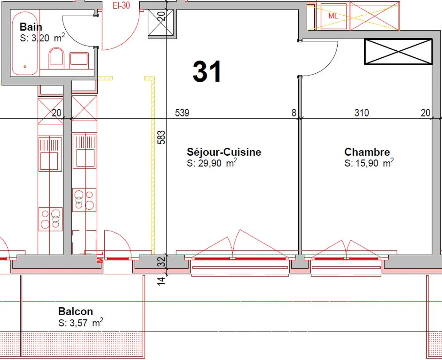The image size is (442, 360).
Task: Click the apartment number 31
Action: click(x=207, y=72)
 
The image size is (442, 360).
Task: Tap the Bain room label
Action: click(x=31, y=27)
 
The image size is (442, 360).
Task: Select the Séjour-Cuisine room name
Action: click(x=224, y=152)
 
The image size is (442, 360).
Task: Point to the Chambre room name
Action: click(x=367, y=152)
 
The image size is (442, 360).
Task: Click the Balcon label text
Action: click(x=76, y=312)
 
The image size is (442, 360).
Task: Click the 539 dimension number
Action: click(x=182, y=113)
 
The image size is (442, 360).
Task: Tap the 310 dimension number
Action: click(x=362, y=113)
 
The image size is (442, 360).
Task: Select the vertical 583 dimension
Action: click(x=161, y=137)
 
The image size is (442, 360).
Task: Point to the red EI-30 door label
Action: click(x=121, y=6)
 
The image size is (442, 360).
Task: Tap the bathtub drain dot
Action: click(x=25, y=66)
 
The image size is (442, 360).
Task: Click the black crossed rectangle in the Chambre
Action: click(x=398, y=51)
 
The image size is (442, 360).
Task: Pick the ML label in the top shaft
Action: click(x=333, y=16)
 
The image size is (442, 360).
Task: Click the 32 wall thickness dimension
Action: click(x=161, y=261)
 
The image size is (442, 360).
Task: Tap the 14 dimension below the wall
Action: click(x=161, y=281)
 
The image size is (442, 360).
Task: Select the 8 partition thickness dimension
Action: click(x=294, y=113)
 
